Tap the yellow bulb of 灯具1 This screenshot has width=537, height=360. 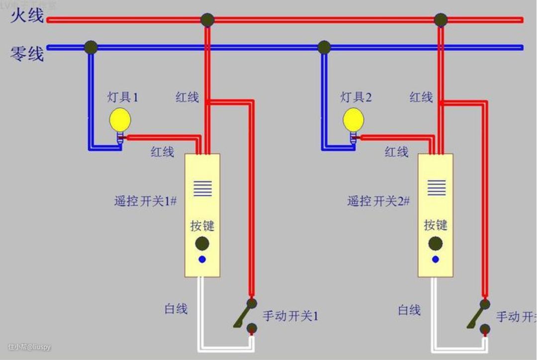(120, 119)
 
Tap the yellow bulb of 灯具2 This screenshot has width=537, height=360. (354, 119)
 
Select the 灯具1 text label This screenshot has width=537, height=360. (123, 96)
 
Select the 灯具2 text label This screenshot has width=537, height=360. (356, 96)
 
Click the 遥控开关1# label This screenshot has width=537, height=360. (146, 201)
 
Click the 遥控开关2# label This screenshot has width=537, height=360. (378, 201)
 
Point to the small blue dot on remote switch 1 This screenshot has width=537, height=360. (202, 259)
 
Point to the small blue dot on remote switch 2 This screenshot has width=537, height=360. (436, 259)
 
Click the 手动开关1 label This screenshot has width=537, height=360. (290, 316)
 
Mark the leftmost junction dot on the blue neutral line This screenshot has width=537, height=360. (90, 47)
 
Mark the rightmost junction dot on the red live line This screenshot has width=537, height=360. (441, 20)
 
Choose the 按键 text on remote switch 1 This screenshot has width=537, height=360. (202, 225)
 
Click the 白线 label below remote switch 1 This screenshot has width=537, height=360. (176, 309)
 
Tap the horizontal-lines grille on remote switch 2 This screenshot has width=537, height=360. (436, 188)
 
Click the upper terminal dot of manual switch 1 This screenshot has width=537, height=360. (252, 303)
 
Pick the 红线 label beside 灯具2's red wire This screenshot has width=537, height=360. (396, 152)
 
